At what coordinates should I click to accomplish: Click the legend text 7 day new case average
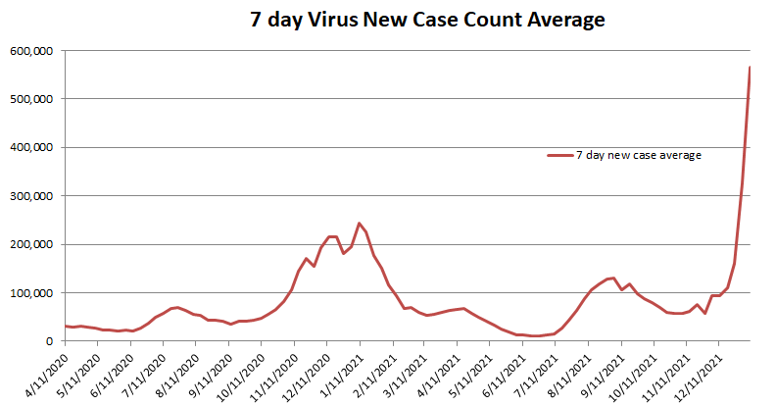[x=638, y=155]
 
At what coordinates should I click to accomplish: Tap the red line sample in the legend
[x=559, y=155]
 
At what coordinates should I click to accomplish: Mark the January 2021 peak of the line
[x=359, y=224]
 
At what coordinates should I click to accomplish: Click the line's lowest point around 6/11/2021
[x=537, y=335]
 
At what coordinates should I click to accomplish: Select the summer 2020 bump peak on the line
[x=177, y=307]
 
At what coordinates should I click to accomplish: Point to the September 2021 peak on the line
[x=613, y=278]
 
